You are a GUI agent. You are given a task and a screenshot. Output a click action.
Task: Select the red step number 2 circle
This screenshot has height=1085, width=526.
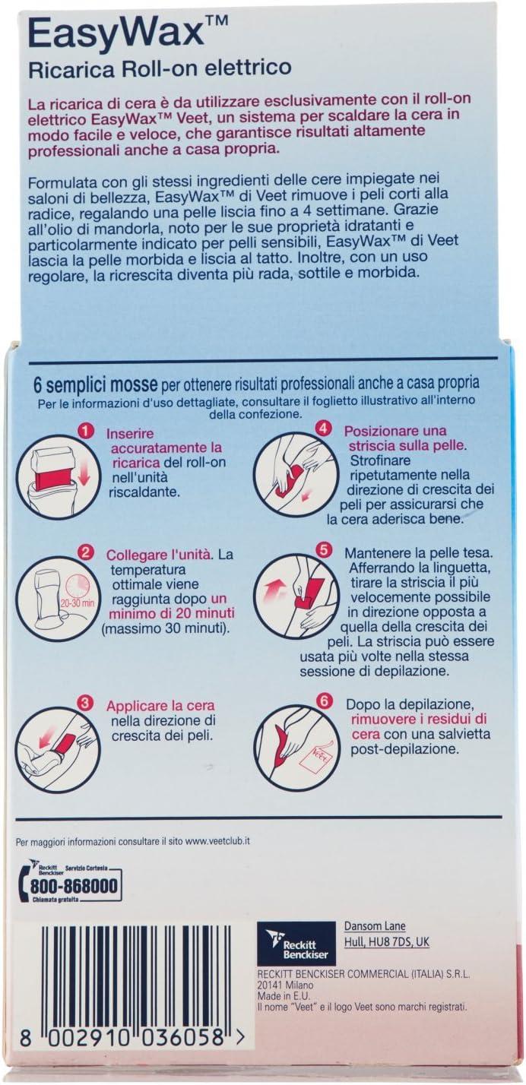(85, 552)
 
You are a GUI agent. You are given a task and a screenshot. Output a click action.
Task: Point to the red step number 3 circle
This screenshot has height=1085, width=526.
(85, 704)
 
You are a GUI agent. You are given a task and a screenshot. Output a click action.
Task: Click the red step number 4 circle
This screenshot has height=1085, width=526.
(324, 429)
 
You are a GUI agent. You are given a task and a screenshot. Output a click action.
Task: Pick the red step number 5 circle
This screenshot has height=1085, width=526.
(324, 550)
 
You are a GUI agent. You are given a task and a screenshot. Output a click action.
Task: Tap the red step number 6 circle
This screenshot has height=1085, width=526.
(324, 701)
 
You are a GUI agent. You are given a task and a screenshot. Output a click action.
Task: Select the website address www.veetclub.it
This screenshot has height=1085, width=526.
(217, 842)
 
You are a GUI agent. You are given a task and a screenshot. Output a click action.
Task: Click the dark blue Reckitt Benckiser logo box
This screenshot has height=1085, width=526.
(296, 944)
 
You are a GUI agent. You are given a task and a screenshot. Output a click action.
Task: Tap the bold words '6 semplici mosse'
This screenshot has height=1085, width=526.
(95, 384)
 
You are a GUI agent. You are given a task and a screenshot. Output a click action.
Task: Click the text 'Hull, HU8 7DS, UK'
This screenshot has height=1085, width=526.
(386, 941)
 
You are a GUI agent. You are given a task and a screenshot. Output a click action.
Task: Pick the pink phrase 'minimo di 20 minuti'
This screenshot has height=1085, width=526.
(171, 612)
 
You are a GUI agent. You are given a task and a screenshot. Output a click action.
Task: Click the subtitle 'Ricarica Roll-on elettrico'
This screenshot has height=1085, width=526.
(160, 69)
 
